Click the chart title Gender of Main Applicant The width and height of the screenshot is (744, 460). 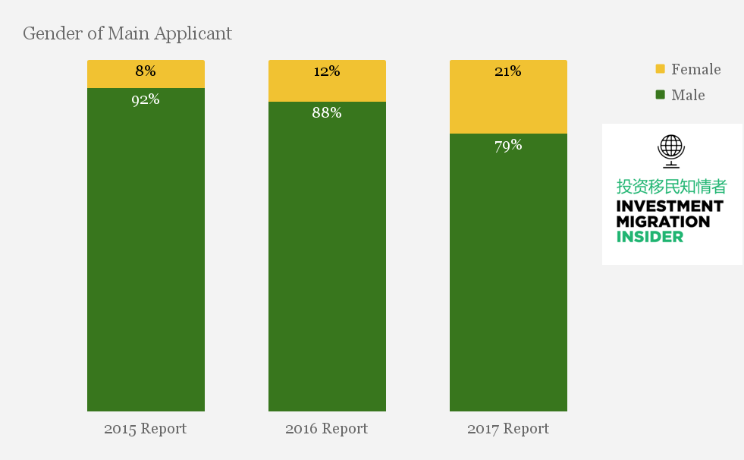(x=127, y=33)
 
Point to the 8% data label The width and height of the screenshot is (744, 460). (x=146, y=71)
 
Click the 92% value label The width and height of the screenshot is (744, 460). (x=146, y=99)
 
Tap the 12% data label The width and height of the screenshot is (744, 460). (x=327, y=71)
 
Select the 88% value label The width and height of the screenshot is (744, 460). (x=327, y=113)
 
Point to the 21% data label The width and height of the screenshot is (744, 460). (x=508, y=71)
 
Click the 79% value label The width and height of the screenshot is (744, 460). (x=508, y=145)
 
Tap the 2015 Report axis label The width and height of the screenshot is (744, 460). (x=145, y=429)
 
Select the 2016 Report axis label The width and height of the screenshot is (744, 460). (x=326, y=429)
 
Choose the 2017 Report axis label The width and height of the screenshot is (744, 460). (x=507, y=429)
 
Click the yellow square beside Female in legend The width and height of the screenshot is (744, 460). (x=660, y=69)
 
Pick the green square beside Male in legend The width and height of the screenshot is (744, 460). (x=660, y=95)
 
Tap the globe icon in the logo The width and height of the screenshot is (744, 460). (x=671, y=150)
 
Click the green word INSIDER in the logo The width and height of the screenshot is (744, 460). (x=649, y=236)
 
